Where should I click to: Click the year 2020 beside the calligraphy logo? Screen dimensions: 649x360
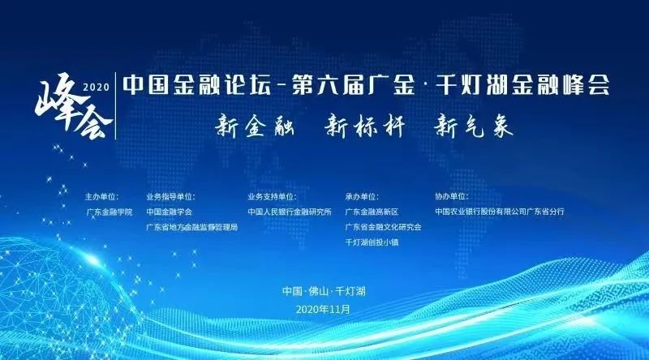click(x=97, y=87)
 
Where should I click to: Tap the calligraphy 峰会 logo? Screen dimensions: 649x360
click(x=74, y=106)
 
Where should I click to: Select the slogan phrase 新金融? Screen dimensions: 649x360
click(x=255, y=126)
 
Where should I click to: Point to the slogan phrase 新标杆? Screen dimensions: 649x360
click(x=364, y=126)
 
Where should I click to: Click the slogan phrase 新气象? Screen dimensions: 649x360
click(x=474, y=126)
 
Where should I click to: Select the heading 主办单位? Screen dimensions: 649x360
click(x=101, y=196)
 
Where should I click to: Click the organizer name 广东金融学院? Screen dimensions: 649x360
click(x=110, y=212)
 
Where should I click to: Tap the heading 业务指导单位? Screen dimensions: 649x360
click(x=170, y=196)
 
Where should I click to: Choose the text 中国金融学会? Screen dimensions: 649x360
click(x=170, y=212)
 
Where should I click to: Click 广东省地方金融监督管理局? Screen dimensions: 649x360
click(x=192, y=227)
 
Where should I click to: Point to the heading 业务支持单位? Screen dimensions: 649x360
click(x=272, y=196)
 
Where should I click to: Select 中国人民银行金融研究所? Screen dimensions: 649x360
click(x=290, y=212)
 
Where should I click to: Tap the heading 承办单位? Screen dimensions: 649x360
click(x=362, y=196)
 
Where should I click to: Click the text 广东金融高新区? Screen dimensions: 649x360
click(x=372, y=212)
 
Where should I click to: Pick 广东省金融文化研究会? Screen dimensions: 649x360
click(x=383, y=227)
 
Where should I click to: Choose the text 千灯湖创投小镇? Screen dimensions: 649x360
click(x=372, y=242)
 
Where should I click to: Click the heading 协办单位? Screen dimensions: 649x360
click(x=452, y=196)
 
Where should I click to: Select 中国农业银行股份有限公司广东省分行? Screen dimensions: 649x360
click(x=500, y=212)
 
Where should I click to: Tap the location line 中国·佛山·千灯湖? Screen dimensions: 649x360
click(x=324, y=291)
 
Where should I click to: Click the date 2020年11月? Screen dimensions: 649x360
click(x=323, y=309)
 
